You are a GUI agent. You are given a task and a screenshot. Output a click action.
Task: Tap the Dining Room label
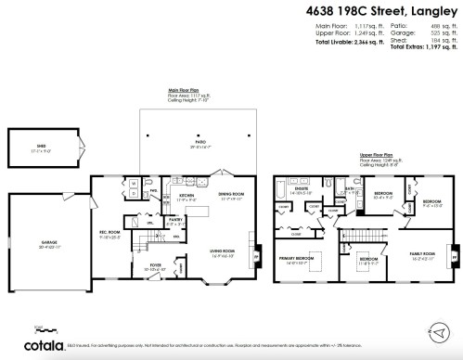[230, 195]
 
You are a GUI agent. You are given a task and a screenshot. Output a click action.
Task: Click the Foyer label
[154, 265]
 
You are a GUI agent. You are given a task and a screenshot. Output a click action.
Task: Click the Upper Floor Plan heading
[375, 156]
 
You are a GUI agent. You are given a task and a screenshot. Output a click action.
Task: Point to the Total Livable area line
[346, 45]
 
